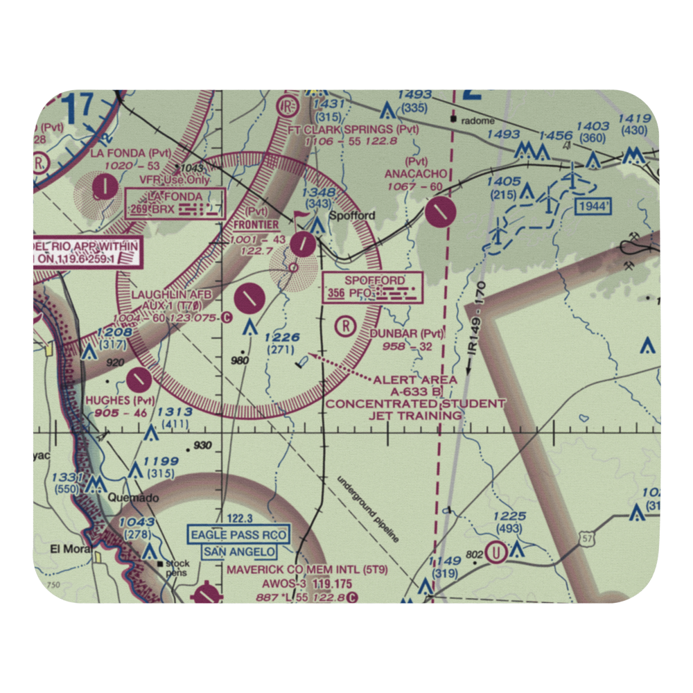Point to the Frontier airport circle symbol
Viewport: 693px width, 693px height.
click(303, 243)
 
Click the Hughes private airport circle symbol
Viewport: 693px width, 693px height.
click(139, 378)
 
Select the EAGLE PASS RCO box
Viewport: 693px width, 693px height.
click(239, 536)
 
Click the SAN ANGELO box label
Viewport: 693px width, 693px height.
click(239, 552)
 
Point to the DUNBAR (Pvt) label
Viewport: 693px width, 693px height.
click(406, 333)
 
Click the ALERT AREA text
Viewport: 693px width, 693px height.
click(414, 380)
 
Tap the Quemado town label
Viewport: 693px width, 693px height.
click(134, 498)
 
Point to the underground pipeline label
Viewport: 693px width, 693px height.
click(368, 509)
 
